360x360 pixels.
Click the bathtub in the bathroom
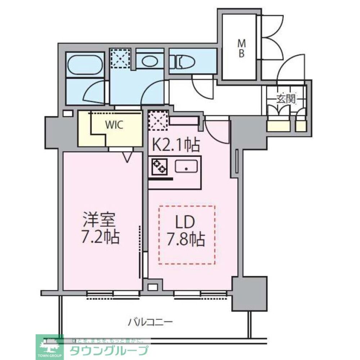(85, 64)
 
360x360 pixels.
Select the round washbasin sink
(149, 62)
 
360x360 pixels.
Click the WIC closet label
(114, 125)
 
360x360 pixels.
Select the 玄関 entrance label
(286, 98)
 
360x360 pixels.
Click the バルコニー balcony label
(151, 321)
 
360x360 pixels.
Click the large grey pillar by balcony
(249, 293)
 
